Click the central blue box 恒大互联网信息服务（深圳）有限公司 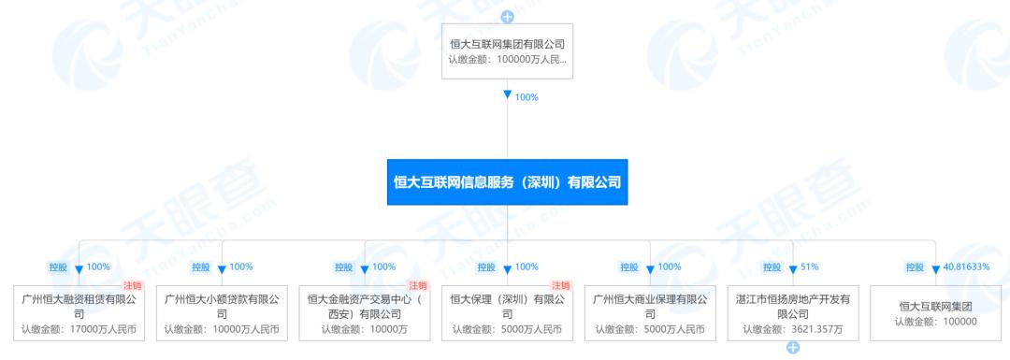(507, 182)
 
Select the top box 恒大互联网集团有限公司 (507, 51)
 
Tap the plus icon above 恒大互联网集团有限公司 (507, 16)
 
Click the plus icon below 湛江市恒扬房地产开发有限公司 (793, 349)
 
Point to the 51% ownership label (810, 267)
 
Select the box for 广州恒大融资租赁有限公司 (79, 313)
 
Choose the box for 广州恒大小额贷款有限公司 (222, 313)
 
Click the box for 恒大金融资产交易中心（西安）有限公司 (364, 313)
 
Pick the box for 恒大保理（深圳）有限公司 (507, 313)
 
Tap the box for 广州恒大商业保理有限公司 (650, 313)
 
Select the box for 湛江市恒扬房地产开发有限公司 (793, 313)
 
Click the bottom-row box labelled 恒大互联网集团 (935, 313)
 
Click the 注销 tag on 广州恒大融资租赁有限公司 (133, 285)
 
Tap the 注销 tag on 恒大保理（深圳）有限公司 (560, 285)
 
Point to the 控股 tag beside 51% (772, 267)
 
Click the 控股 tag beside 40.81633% (915, 267)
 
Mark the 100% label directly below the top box (527, 97)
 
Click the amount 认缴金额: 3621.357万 (793, 329)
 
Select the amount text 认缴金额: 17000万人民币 (79, 329)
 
